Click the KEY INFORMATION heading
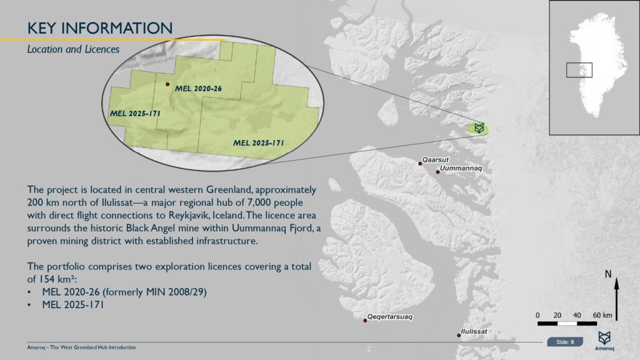tap(100, 28)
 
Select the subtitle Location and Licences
tap(73, 49)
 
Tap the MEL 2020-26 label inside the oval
tap(199, 89)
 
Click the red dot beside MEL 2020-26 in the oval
tap(167, 84)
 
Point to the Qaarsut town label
tap(436, 160)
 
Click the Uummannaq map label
tap(461, 169)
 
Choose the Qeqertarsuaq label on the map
tap(390, 317)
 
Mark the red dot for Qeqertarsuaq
tap(365, 321)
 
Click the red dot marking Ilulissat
tap(459, 335)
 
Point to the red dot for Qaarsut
tap(421, 163)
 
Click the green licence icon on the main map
tap(479, 128)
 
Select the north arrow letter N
tap(607, 274)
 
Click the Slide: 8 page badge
tap(564, 341)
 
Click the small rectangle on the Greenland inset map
tap(579, 70)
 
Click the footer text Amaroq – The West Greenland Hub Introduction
tap(82, 347)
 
